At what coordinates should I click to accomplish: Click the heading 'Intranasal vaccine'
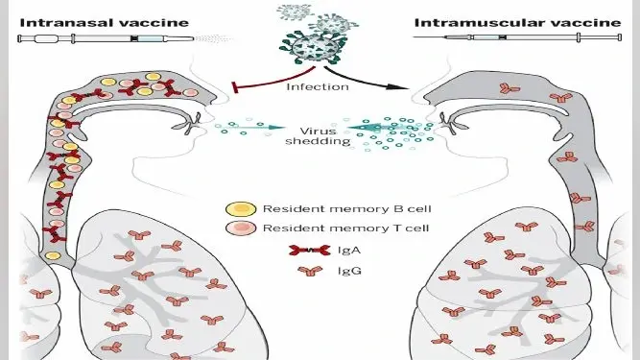click(x=104, y=23)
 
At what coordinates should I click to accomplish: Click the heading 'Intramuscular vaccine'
click(x=517, y=23)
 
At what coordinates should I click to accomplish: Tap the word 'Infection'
click(x=318, y=87)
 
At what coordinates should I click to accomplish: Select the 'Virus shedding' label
click(x=318, y=136)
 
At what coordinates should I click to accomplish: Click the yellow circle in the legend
click(x=241, y=209)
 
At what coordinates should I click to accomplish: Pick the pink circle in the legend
click(x=241, y=228)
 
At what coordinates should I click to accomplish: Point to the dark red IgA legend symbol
click(x=310, y=251)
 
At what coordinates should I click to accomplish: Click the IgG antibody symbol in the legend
click(x=310, y=271)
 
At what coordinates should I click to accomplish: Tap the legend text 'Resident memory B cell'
click(x=347, y=209)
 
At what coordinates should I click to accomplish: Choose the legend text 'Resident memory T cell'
click(x=345, y=228)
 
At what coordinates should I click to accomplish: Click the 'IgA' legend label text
click(x=349, y=251)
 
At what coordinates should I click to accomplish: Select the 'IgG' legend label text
click(x=349, y=271)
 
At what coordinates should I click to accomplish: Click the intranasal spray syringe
click(x=107, y=39)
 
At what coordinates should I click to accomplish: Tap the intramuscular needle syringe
click(x=517, y=37)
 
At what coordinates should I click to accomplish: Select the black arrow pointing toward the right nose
click(x=367, y=79)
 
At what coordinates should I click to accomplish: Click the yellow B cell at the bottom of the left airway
click(x=53, y=256)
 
